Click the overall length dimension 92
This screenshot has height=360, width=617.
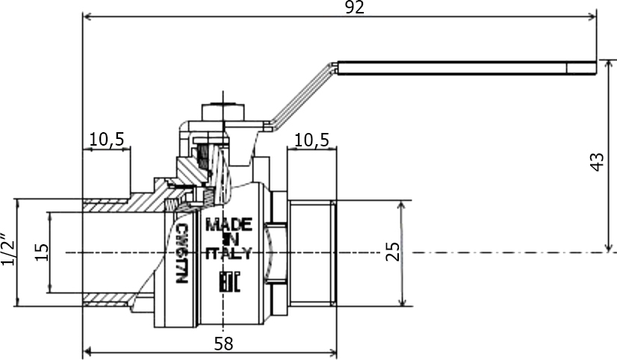coord(355,7)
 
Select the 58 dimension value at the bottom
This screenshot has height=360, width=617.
coord(223,344)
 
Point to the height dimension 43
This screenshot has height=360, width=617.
coord(597,162)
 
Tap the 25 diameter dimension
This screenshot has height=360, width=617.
coord(392,252)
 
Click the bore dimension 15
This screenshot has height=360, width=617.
coord(42,252)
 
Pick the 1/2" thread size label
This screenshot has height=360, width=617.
coord(8,249)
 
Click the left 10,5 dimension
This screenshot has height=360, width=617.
coord(107,139)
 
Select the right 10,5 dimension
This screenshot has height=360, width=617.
coord(311,140)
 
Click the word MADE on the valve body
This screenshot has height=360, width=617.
coord(229,225)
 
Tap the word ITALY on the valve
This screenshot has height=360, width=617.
coord(229,253)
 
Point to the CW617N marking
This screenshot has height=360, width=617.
coord(181,253)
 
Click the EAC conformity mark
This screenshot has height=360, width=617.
coord(229,282)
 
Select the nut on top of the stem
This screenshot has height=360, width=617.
coord(223,112)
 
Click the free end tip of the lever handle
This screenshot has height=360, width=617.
coord(596,68)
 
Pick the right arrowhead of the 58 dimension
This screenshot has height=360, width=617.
coord(332,351)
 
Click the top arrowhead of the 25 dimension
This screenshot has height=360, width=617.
coord(402,205)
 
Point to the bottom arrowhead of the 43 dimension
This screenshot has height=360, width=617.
coord(609,247)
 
